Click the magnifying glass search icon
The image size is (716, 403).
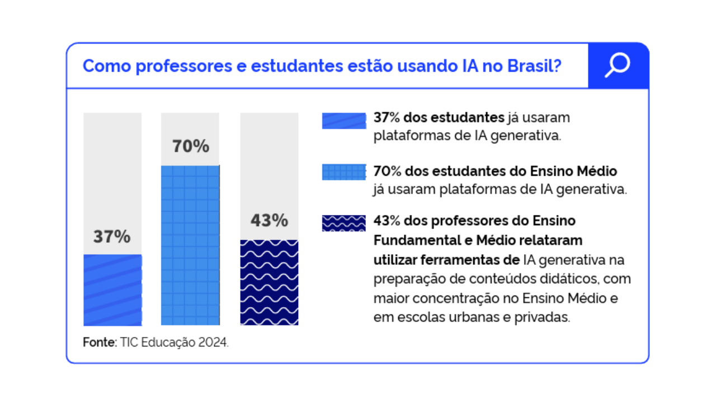[x=618, y=65]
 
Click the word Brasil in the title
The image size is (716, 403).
[x=534, y=66]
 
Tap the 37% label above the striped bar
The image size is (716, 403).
[x=112, y=237]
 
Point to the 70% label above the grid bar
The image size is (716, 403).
[x=190, y=147]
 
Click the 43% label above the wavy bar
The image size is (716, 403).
[x=269, y=221]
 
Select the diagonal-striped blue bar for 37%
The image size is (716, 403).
[x=112, y=290]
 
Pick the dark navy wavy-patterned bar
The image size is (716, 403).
[x=269, y=283]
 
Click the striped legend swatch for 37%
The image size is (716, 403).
[x=344, y=121]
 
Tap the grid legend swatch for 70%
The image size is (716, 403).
[x=344, y=172]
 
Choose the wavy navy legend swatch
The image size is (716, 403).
[x=344, y=223]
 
